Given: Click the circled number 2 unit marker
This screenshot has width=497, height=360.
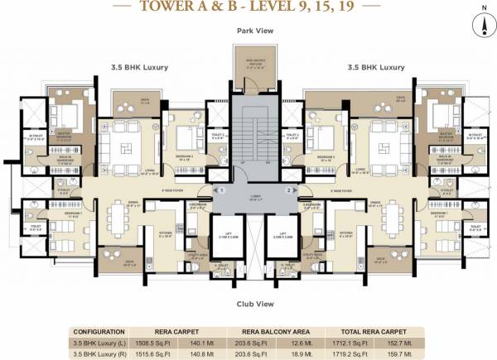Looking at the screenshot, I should tap(287, 190).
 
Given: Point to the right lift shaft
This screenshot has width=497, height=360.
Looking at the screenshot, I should tap(278, 238).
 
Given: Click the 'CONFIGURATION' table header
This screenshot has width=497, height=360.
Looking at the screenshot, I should tap(99, 329).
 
